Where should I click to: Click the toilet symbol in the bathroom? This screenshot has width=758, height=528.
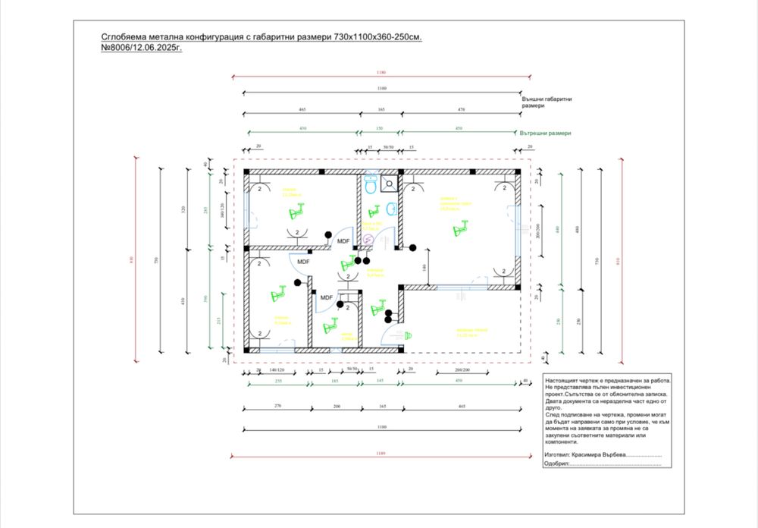[x=371, y=184]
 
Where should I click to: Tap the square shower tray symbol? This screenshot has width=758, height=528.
[x=390, y=182]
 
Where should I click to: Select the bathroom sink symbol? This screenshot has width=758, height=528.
[x=392, y=208]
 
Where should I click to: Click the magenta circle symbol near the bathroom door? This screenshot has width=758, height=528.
[x=368, y=237]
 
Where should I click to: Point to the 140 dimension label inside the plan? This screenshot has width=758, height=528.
[x=425, y=268]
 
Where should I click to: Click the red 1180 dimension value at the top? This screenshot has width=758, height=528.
[x=381, y=73]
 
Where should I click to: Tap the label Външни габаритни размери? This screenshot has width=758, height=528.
[x=547, y=102]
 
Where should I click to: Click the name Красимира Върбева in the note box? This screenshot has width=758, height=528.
[x=595, y=454]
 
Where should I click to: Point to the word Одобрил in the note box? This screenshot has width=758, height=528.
[x=558, y=463]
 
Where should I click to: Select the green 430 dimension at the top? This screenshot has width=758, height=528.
[x=302, y=128]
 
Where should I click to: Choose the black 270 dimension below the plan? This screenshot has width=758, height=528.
[x=277, y=406]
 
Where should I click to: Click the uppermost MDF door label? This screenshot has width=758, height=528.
[x=343, y=241]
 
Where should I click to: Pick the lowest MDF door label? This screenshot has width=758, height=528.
[x=327, y=297]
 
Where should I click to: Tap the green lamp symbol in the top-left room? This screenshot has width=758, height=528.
[x=300, y=206]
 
